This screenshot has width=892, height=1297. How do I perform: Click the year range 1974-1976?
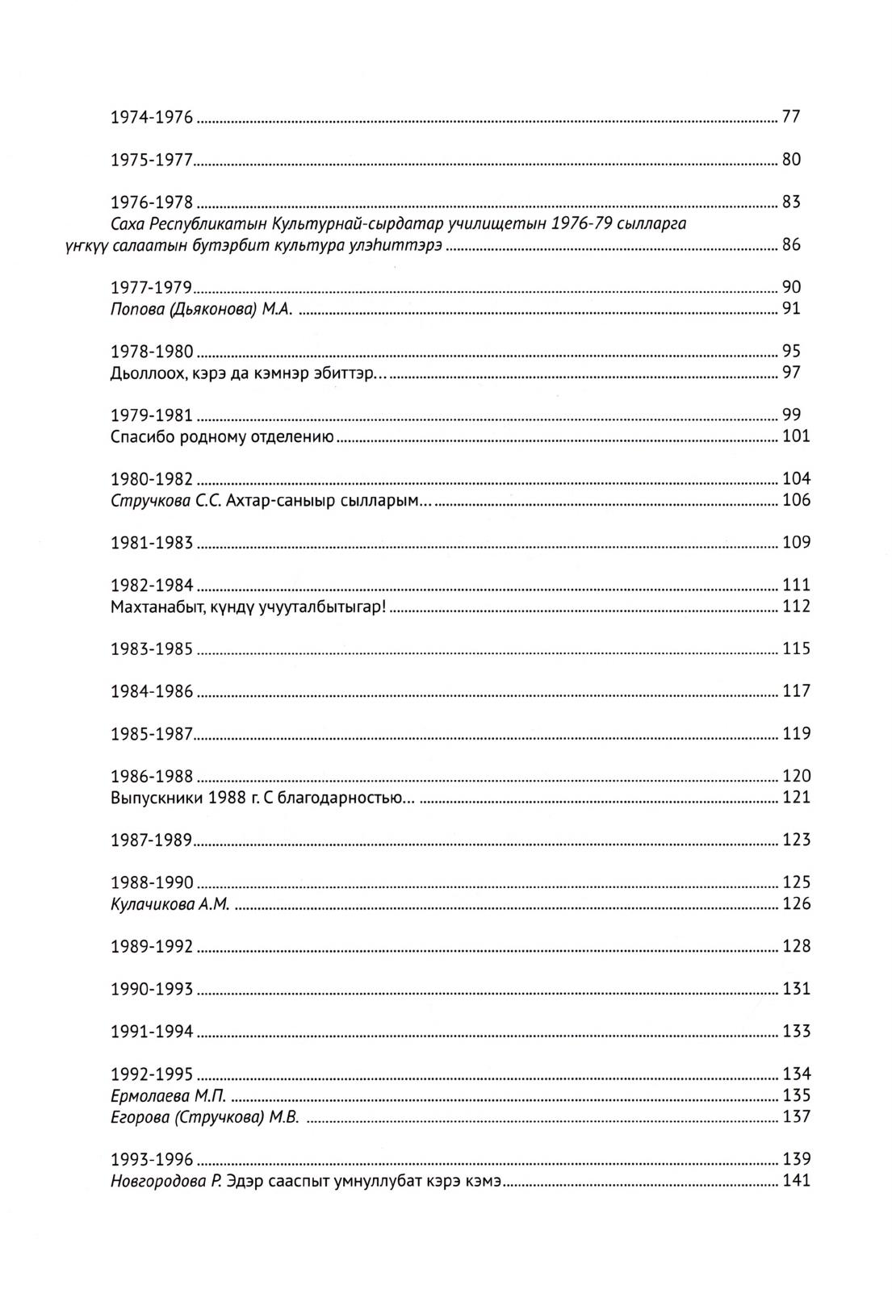click(x=152, y=118)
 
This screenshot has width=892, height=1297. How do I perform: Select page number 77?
click(x=790, y=117)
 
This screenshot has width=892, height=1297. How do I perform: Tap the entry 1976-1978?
click(x=152, y=202)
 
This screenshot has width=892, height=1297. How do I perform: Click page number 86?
click(x=790, y=245)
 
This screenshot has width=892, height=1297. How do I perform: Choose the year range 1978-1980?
click(x=152, y=352)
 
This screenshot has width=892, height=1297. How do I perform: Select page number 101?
click(x=796, y=437)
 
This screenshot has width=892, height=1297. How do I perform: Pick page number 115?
click(x=796, y=649)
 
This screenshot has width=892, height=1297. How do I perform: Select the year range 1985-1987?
click(x=152, y=735)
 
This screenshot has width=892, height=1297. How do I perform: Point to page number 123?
click(x=796, y=840)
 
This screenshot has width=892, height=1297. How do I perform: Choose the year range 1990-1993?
click(x=152, y=990)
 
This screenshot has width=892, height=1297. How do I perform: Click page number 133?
click(x=796, y=1032)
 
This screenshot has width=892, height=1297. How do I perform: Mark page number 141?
click(x=796, y=1182)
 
